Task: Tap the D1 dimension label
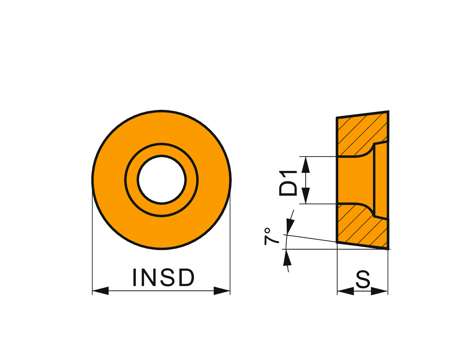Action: pos(288,183)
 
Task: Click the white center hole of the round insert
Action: pos(162,180)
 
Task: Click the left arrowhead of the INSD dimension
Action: pos(101,291)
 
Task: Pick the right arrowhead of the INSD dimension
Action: pos(222,291)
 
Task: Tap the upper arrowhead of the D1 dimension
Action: pos(305,165)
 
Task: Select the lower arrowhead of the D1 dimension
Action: pos(305,196)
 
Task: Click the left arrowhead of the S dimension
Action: pos(345,291)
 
